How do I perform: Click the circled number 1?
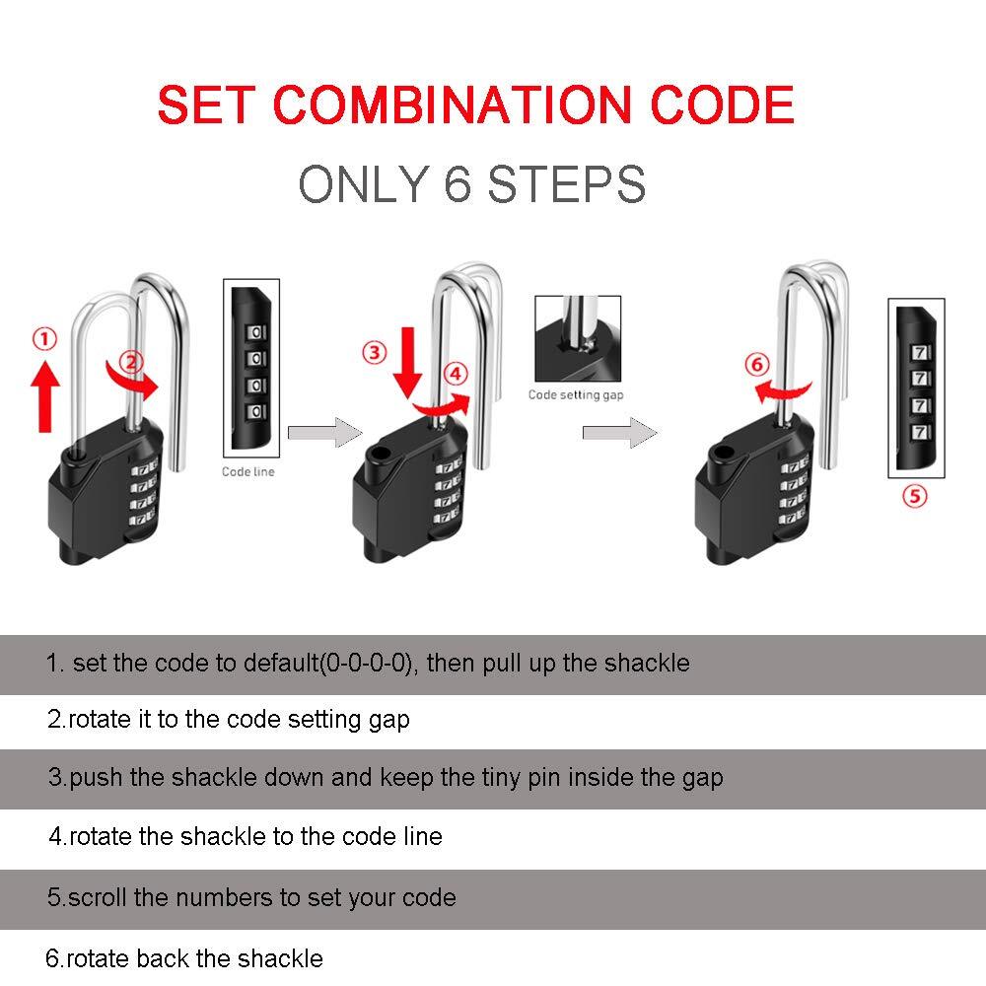point(44,339)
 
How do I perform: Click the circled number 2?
point(133,361)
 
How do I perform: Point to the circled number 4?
point(455,374)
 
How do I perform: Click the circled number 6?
point(756,365)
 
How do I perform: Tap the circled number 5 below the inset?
point(915,496)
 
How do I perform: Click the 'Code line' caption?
point(248,472)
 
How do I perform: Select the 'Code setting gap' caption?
point(576,394)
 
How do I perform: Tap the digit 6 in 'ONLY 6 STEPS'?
point(458,184)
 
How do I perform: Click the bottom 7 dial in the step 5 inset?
point(921,432)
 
